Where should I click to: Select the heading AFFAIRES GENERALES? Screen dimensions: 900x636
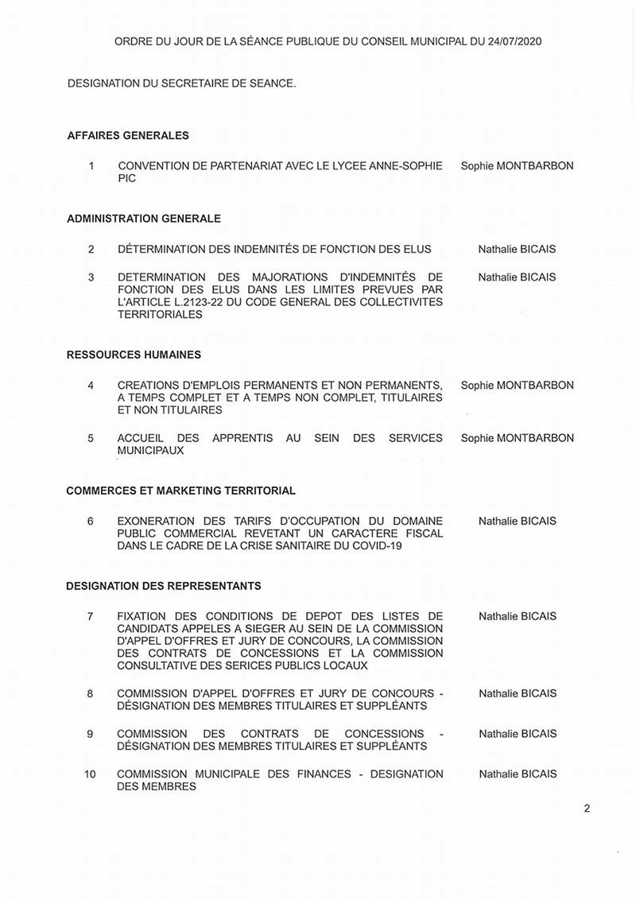(x=128, y=136)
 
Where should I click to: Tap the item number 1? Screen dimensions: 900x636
(x=91, y=166)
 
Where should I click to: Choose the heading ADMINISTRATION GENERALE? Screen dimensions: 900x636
(x=144, y=219)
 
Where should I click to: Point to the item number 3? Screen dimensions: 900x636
(x=91, y=277)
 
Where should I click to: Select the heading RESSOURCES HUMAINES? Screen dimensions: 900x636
(x=134, y=355)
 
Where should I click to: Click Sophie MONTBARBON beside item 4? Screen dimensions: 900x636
(x=517, y=386)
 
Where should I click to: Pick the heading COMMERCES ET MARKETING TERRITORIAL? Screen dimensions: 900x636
(x=180, y=491)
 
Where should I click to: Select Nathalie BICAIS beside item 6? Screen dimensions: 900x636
(x=518, y=522)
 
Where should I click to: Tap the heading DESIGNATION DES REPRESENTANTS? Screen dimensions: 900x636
(x=164, y=587)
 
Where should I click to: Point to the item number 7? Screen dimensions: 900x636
(x=91, y=616)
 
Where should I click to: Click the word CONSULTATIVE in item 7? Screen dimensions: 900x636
(x=153, y=665)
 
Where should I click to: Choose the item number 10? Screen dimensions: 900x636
(x=90, y=774)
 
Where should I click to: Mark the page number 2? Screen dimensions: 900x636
(x=587, y=810)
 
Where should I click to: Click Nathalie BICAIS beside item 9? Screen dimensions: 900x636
(x=518, y=734)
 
